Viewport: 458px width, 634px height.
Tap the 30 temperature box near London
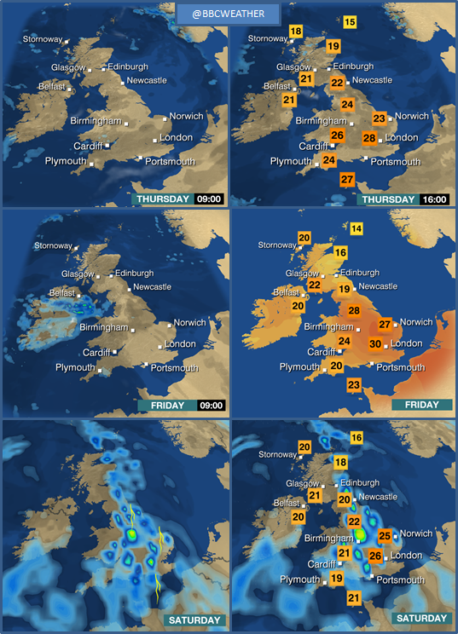(x=374, y=344)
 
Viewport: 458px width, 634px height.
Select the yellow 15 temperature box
(x=351, y=22)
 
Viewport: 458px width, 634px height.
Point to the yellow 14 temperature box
(x=356, y=228)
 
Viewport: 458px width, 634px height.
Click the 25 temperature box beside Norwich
(x=385, y=536)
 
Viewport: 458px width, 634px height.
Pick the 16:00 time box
(x=435, y=199)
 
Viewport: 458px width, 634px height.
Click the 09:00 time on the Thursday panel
(x=209, y=199)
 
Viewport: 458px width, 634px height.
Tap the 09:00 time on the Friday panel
(x=210, y=405)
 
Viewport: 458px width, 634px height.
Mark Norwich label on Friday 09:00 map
(x=189, y=323)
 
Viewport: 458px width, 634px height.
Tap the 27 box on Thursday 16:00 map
(x=347, y=180)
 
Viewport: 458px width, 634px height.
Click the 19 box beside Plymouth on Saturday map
(x=336, y=579)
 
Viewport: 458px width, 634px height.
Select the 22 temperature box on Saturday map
(x=354, y=522)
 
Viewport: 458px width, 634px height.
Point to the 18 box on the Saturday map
(x=340, y=463)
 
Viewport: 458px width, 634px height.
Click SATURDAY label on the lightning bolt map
(x=194, y=620)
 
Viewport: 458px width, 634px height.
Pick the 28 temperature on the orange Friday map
(x=354, y=311)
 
